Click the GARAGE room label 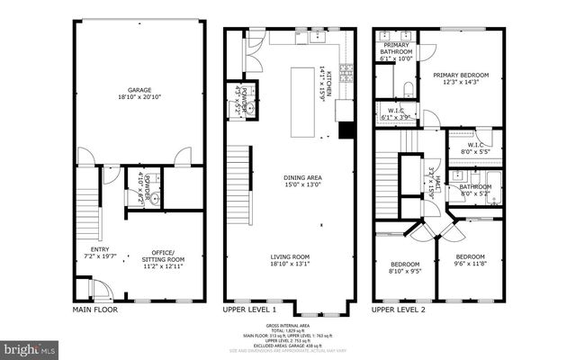click(x=139, y=90)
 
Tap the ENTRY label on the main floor click(x=99, y=249)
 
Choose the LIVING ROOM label click(x=290, y=256)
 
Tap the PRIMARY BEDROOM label click(x=460, y=76)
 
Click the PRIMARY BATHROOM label click(x=397, y=49)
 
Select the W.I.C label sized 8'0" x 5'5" click(x=476, y=146)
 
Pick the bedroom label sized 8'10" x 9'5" click(x=405, y=265)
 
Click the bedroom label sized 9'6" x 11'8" click(x=470, y=257)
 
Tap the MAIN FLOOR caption click(x=94, y=310)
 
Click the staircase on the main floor click(x=87, y=206)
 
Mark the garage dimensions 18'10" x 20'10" click(x=139, y=97)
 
